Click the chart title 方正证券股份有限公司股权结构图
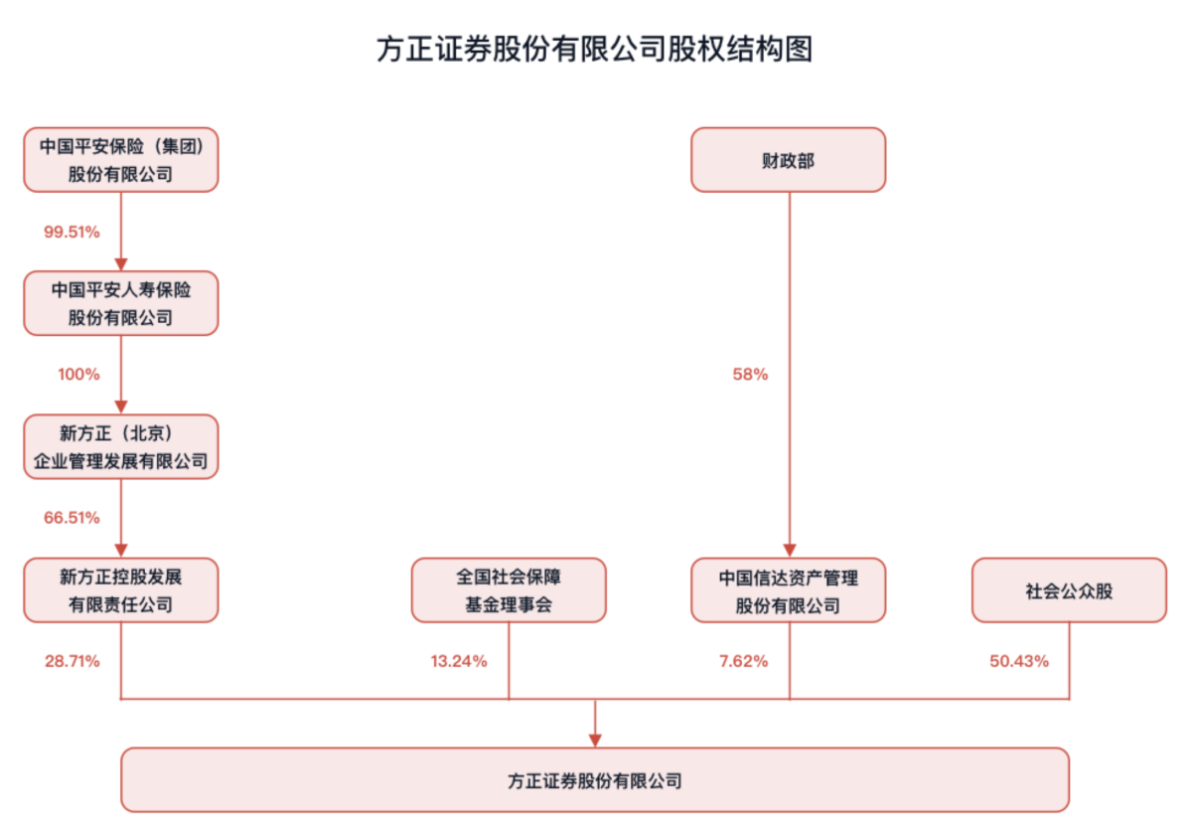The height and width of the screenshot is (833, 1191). [x=595, y=49]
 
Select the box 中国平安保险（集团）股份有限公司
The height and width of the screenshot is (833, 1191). [x=121, y=160]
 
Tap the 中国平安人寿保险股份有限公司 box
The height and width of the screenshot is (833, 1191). [x=121, y=303]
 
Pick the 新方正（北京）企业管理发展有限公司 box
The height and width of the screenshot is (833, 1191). [x=121, y=447]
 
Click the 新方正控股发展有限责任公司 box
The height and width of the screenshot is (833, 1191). [x=121, y=590]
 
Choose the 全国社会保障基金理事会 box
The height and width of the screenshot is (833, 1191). [x=509, y=590]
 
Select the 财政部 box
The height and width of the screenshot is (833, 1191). [x=789, y=160]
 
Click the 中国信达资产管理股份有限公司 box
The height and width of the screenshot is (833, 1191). [x=789, y=590]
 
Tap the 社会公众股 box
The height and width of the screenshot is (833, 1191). [x=1070, y=590]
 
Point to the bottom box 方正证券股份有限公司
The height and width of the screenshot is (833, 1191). [x=596, y=779]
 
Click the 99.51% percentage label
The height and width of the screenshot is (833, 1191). [x=72, y=232]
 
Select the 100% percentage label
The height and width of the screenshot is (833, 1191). [x=79, y=374]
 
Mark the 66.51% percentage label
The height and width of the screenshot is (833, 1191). [x=72, y=518]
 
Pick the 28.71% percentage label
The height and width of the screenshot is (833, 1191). [x=73, y=661]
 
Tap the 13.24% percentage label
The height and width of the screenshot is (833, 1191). [x=459, y=661]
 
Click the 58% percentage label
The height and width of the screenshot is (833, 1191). [x=750, y=374]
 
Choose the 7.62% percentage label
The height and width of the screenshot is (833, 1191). [x=744, y=661]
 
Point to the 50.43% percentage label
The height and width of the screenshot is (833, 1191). [x=1019, y=661]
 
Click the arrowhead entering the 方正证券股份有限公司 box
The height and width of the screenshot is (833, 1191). [x=596, y=741]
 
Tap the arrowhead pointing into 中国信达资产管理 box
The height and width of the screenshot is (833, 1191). [x=790, y=551]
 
